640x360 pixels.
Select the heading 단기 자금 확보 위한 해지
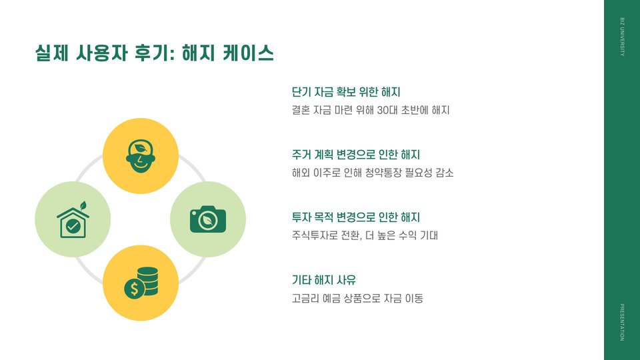(x=346, y=92)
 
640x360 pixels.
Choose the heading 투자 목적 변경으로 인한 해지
(x=356, y=217)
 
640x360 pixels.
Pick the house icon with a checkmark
(x=73, y=221)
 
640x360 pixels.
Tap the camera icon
(x=208, y=219)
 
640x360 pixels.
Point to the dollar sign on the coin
(x=135, y=289)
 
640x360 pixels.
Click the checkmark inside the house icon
(x=73, y=227)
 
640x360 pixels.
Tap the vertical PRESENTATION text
(x=622, y=322)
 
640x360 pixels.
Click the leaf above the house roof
(x=83, y=204)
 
